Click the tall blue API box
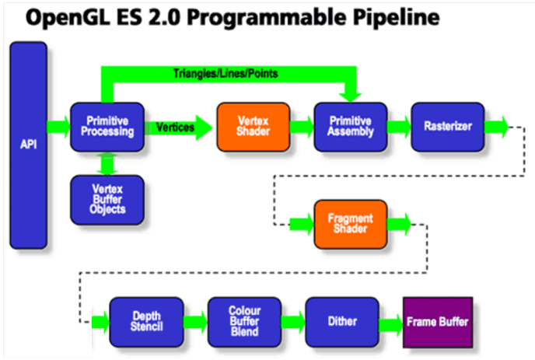click(28, 145)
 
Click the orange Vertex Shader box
click(253, 126)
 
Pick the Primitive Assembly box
click(351, 126)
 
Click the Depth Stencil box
click(145, 321)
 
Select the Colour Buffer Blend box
click(243, 321)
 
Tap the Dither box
click(341, 321)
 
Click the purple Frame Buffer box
click(437, 321)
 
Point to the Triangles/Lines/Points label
click(225, 74)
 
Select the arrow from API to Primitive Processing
click(58, 126)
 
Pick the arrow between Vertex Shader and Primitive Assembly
click(302, 126)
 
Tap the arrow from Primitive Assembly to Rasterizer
click(399, 126)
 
